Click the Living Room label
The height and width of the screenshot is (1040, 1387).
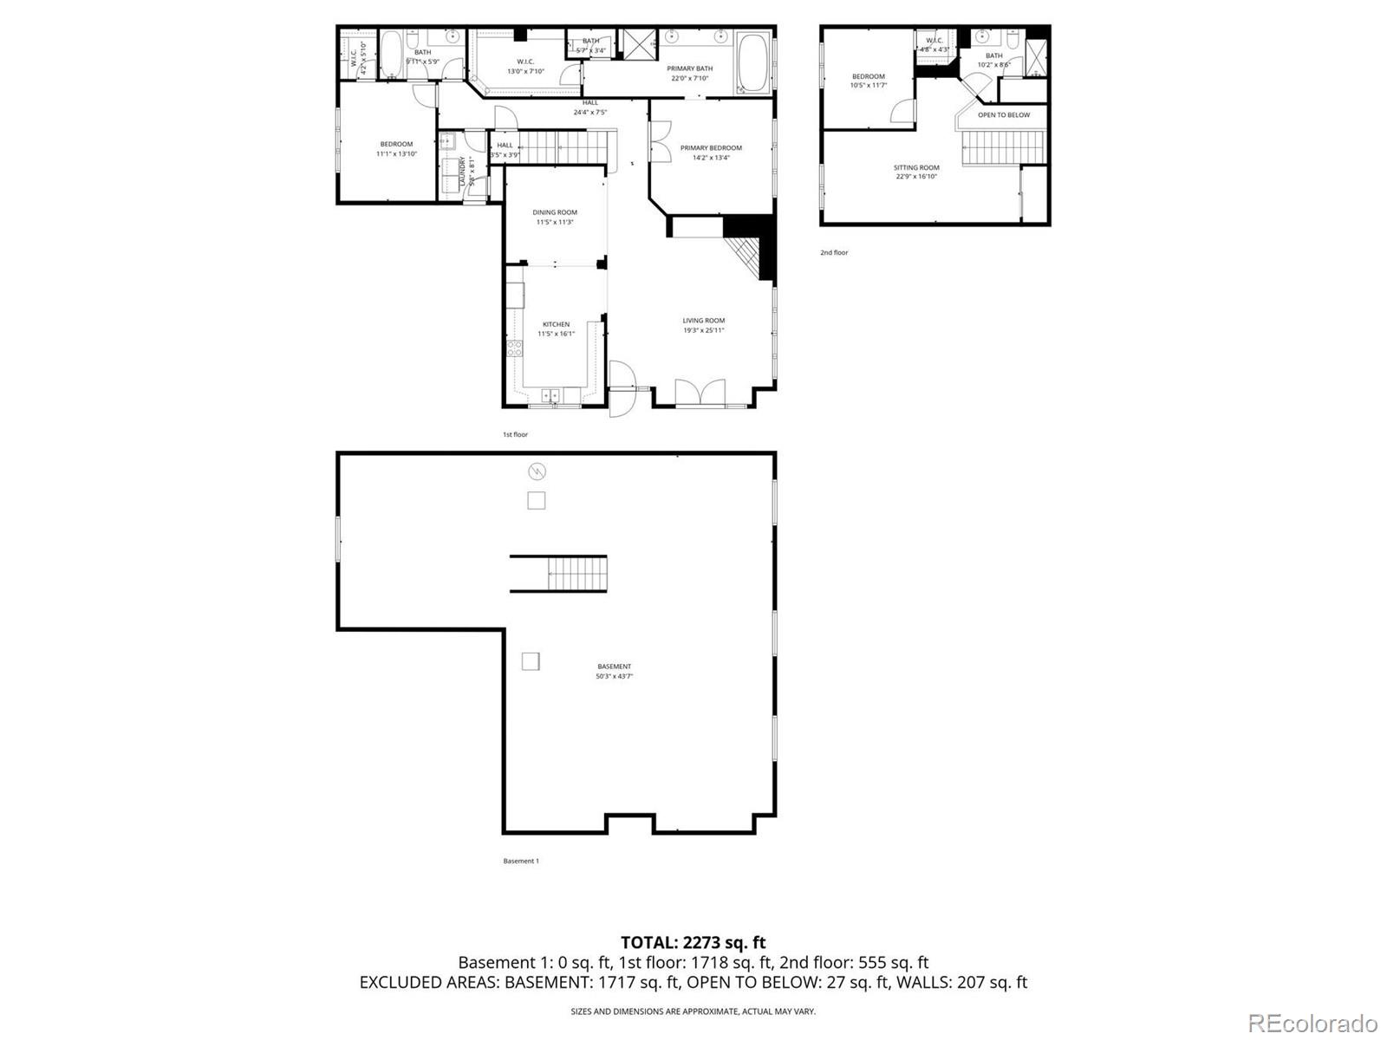703,321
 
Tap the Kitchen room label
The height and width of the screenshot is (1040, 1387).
556,325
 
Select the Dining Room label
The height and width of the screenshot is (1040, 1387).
555,212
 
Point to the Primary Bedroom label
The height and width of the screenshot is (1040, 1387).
711,148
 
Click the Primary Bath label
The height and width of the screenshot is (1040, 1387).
689,68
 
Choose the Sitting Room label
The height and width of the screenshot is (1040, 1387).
917,168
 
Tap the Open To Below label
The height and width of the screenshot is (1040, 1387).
1004,115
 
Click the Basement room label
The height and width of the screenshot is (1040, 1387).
614,666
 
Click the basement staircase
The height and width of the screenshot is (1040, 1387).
576,574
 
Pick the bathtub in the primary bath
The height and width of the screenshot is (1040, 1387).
752,62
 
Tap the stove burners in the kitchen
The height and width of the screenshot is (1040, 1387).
515,349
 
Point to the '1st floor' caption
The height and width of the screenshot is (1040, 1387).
515,435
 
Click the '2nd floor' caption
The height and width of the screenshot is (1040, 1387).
834,253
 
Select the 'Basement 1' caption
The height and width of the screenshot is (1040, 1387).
521,861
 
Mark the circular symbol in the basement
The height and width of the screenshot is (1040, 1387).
537,471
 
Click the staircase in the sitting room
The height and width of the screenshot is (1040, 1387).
1006,147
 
